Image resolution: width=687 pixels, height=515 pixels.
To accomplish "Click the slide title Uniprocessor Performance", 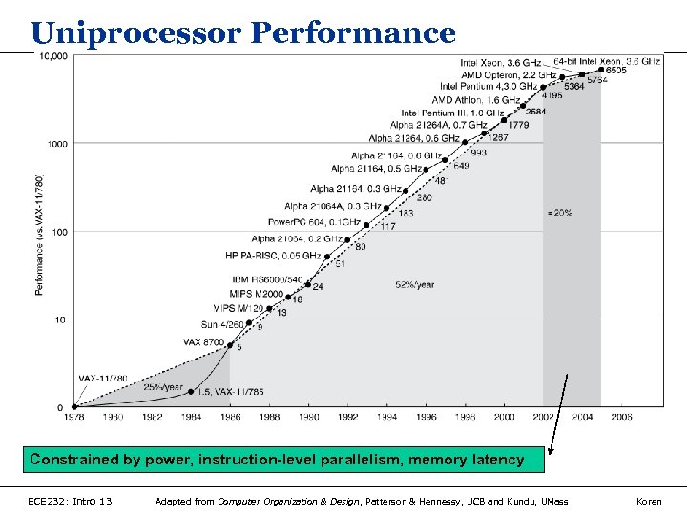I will pyautogui.click(x=243, y=32).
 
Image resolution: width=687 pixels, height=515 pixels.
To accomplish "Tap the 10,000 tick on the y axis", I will pyautogui.click(x=53, y=56).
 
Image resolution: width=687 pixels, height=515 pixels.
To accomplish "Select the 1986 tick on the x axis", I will pyautogui.click(x=230, y=417).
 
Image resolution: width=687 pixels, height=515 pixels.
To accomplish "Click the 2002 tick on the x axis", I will pyautogui.click(x=542, y=417).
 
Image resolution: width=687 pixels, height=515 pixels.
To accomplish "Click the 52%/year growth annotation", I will pyautogui.click(x=414, y=284).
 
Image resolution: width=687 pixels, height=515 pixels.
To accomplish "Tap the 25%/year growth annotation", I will pyautogui.click(x=163, y=387).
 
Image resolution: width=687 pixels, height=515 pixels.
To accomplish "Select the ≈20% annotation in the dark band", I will pyautogui.click(x=560, y=213).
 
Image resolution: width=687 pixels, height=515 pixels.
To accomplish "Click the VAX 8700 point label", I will pyautogui.click(x=203, y=341).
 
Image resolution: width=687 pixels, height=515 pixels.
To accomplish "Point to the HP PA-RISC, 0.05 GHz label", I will pyautogui.click(x=272, y=256).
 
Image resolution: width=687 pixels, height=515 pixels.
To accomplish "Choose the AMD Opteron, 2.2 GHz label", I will pyautogui.click(x=509, y=74).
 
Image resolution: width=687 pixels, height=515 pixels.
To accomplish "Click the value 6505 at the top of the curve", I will pyautogui.click(x=615, y=71).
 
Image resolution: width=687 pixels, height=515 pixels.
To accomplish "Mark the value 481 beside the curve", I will pyautogui.click(x=442, y=181).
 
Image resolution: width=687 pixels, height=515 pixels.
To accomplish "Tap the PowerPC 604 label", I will pyautogui.click(x=307, y=222).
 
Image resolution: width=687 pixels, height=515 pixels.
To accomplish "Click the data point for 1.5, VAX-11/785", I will pyautogui.click(x=192, y=391).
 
